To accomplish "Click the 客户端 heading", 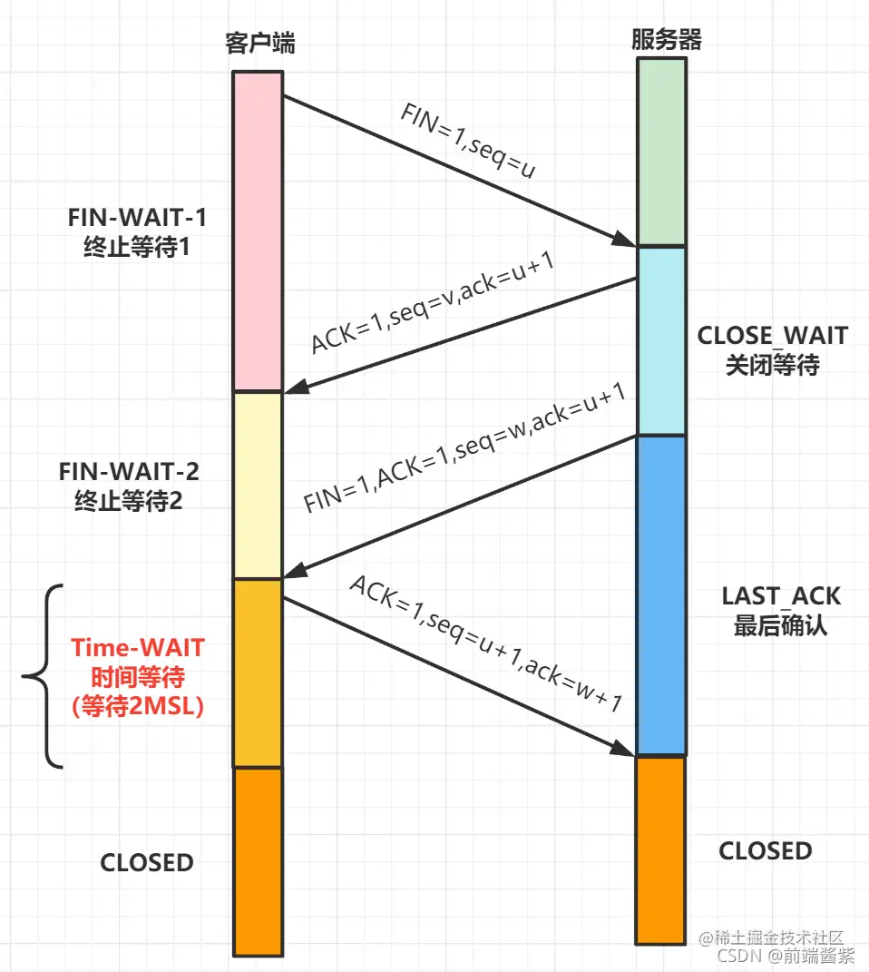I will (259, 43).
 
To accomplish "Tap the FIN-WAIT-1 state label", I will (136, 232).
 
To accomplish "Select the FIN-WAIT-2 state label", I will (129, 486).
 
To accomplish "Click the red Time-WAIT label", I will (138, 677).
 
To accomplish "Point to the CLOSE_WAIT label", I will (772, 349).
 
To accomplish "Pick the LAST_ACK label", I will (781, 610).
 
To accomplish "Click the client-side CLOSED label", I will (147, 862).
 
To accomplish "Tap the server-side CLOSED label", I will (766, 851).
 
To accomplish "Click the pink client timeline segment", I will (259, 231).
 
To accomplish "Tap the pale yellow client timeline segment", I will (259, 486).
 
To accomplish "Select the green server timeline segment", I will (660, 152).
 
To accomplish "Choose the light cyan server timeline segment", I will (660, 341).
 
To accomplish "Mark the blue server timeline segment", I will (660, 594).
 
